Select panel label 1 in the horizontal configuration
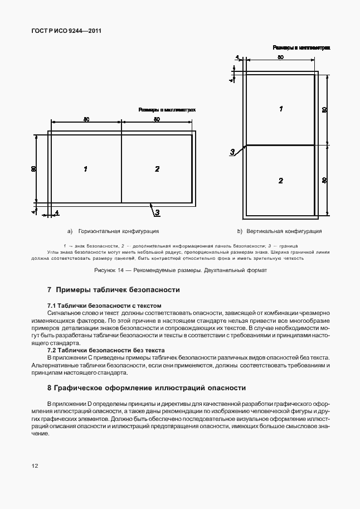pos(85,168)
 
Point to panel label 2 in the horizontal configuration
pos(157,168)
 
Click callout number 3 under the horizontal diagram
pos(157,212)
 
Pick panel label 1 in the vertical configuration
pos(281,109)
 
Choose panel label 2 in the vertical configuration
pos(281,180)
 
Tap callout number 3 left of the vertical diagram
pos(232,152)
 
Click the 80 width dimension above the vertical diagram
pos(280,57)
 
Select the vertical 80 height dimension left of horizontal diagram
pos(34,168)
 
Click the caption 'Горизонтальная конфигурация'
pos(119,231)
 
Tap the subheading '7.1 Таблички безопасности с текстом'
pos(104,306)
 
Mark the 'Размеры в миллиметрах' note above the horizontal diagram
pos(167,110)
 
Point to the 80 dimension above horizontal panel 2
pos(157,119)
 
